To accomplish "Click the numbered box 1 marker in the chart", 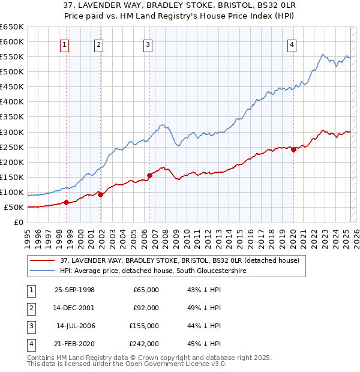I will pyautogui.click(x=64, y=44).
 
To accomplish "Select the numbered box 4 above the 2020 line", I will pyautogui.click(x=291, y=44).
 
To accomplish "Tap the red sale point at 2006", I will pyautogui.click(x=149, y=175).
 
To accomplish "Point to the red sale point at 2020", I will pyautogui.click(x=293, y=149).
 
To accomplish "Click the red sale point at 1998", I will pyautogui.click(x=66, y=202).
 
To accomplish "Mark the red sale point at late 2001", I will pyautogui.click(x=100, y=194).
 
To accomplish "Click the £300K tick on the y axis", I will pyautogui.click(x=12, y=132).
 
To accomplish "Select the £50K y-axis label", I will pyautogui.click(x=14, y=208).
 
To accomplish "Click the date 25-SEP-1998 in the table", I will pyautogui.click(x=74, y=290).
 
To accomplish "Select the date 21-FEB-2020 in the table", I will pyautogui.click(x=74, y=344).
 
